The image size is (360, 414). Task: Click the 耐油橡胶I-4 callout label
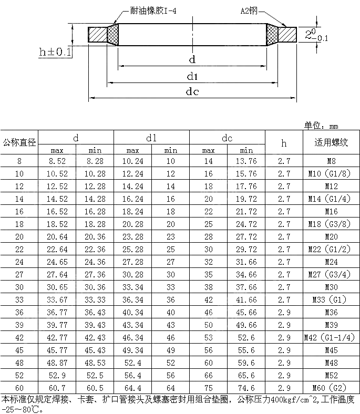coord(153,11)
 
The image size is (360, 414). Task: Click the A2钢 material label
coord(249,11)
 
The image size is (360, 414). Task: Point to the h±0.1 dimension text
coord(55,51)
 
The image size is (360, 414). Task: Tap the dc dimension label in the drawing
coord(192,91)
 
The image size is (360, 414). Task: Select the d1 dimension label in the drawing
coord(192,77)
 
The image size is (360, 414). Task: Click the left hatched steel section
coord(97,35)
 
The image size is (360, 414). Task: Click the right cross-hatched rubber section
coord(272,35)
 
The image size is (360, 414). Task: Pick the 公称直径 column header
coord(19,142)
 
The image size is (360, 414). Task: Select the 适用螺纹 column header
coord(331,142)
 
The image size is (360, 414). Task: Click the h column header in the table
coord(284,143)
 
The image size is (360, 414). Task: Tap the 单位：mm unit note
coord(321,126)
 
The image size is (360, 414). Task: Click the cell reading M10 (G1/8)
coord(330,173)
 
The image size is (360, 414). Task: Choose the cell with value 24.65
coord(57,262)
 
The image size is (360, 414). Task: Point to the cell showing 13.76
coord(246,161)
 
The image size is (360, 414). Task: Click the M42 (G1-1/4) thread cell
coord(330,337)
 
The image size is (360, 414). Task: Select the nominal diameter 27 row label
coord(19,275)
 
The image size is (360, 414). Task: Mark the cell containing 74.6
coord(246,388)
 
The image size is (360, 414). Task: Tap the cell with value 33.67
coord(57,299)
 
